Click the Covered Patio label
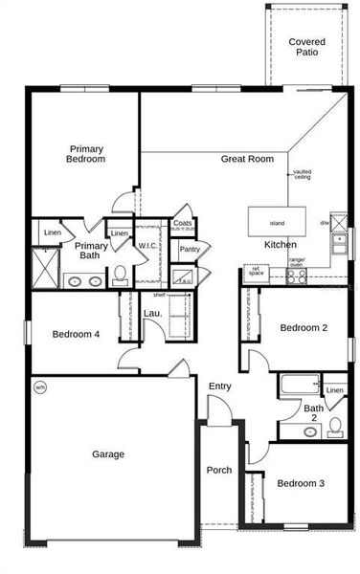pos(306,48)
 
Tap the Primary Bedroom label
pos(86,153)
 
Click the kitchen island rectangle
pos(277,220)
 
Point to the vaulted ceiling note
pos(302,174)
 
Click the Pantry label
pos(190,250)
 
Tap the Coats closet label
pos(183,224)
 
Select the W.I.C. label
pos(147,246)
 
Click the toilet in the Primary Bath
pos(120,276)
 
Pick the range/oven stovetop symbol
pos(297,276)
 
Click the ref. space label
pos(257,271)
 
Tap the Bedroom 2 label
pos(304,328)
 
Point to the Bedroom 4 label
pos(76,334)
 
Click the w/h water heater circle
pos(39,387)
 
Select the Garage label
pos(107,453)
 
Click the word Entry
pos(220,386)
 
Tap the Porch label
pos(219,470)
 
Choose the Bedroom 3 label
pos(301,483)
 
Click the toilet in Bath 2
pos(335,426)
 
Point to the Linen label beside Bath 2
pos(334,390)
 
